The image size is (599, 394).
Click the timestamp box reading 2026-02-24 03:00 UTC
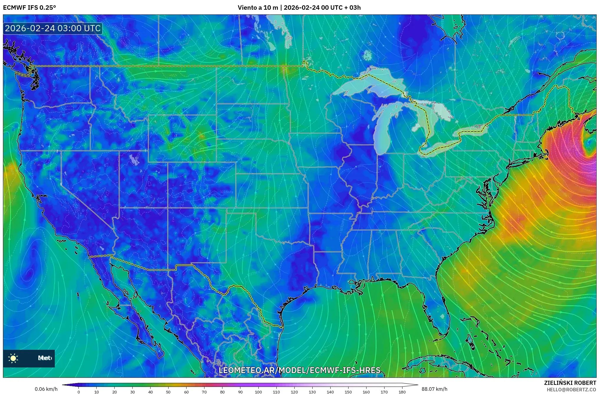(x=53, y=28)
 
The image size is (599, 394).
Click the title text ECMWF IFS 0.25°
(x=29, y=7)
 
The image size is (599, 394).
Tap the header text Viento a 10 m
(x=258, y=7)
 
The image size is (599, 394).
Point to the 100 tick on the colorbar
(x=258, y=392)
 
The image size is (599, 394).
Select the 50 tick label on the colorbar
(x=168, y=392)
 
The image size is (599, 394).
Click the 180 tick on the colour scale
(x=402, y=392)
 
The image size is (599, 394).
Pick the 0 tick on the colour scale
(x=78, y=392)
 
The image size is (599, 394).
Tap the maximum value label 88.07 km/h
(x=434, y=389)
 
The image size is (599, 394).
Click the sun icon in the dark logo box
(x=13, y=358)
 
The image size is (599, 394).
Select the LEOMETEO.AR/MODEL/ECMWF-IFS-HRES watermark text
(x=299, y=370)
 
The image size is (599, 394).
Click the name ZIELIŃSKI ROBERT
(x=570, y=383)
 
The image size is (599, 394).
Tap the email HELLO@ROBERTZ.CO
(x=571, y=390)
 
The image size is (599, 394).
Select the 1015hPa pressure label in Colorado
(x=227, y=192)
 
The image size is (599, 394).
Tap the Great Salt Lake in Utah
(x=134, y=159)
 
